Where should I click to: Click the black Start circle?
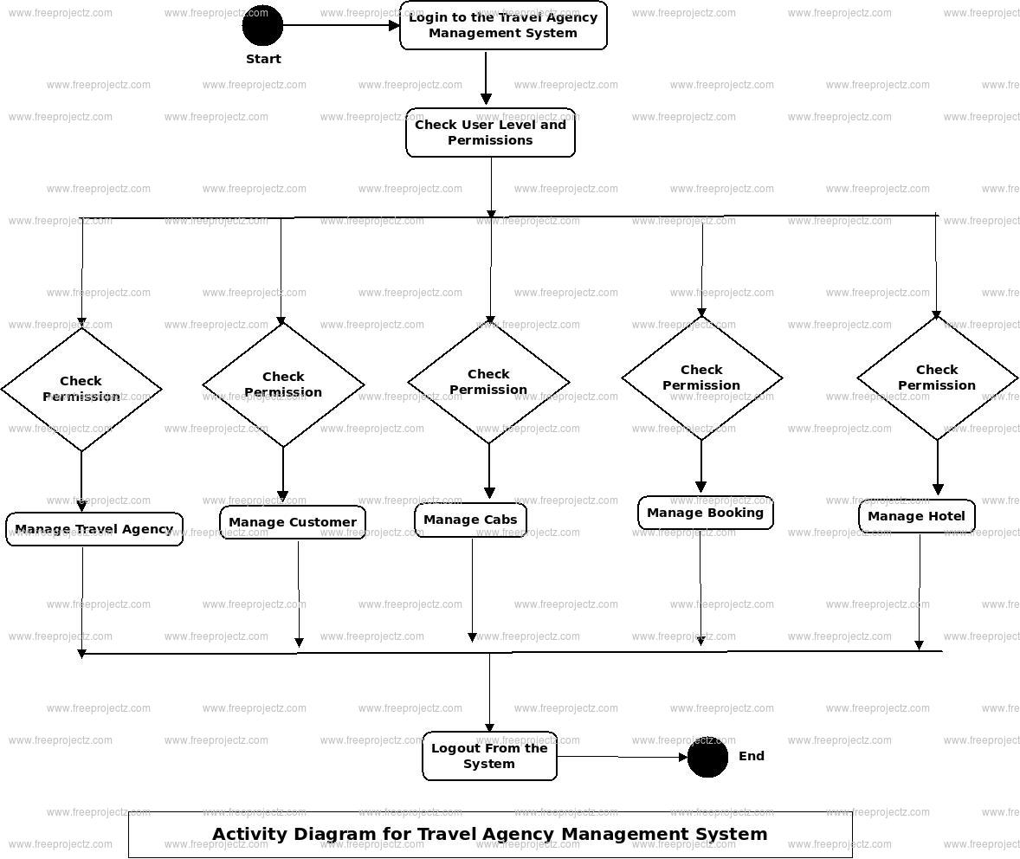coord(262,26)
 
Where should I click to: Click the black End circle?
coord(707,758)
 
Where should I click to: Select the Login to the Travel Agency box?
coord(503,26)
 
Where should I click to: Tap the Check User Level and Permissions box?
coord(490,132)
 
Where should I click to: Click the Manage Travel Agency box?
coord(94,529)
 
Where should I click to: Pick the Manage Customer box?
coord(293,522)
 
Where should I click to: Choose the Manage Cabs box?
coord(470,520)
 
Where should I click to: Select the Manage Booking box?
coord(705,513)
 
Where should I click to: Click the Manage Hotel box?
coord(916,516)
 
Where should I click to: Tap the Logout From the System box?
coord(489,756)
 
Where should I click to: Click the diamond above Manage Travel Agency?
coord(81,389)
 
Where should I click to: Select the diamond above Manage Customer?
coord(283,384)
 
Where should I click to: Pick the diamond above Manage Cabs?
coord(488,382)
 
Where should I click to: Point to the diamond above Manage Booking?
coord(701,378)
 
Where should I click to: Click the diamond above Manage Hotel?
coord(937,378)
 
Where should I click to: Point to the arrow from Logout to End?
coord(622,757)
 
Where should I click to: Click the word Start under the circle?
coord(263,59)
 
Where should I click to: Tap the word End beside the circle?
coord(751,756)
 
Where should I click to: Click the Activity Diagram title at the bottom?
coord(490,834)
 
